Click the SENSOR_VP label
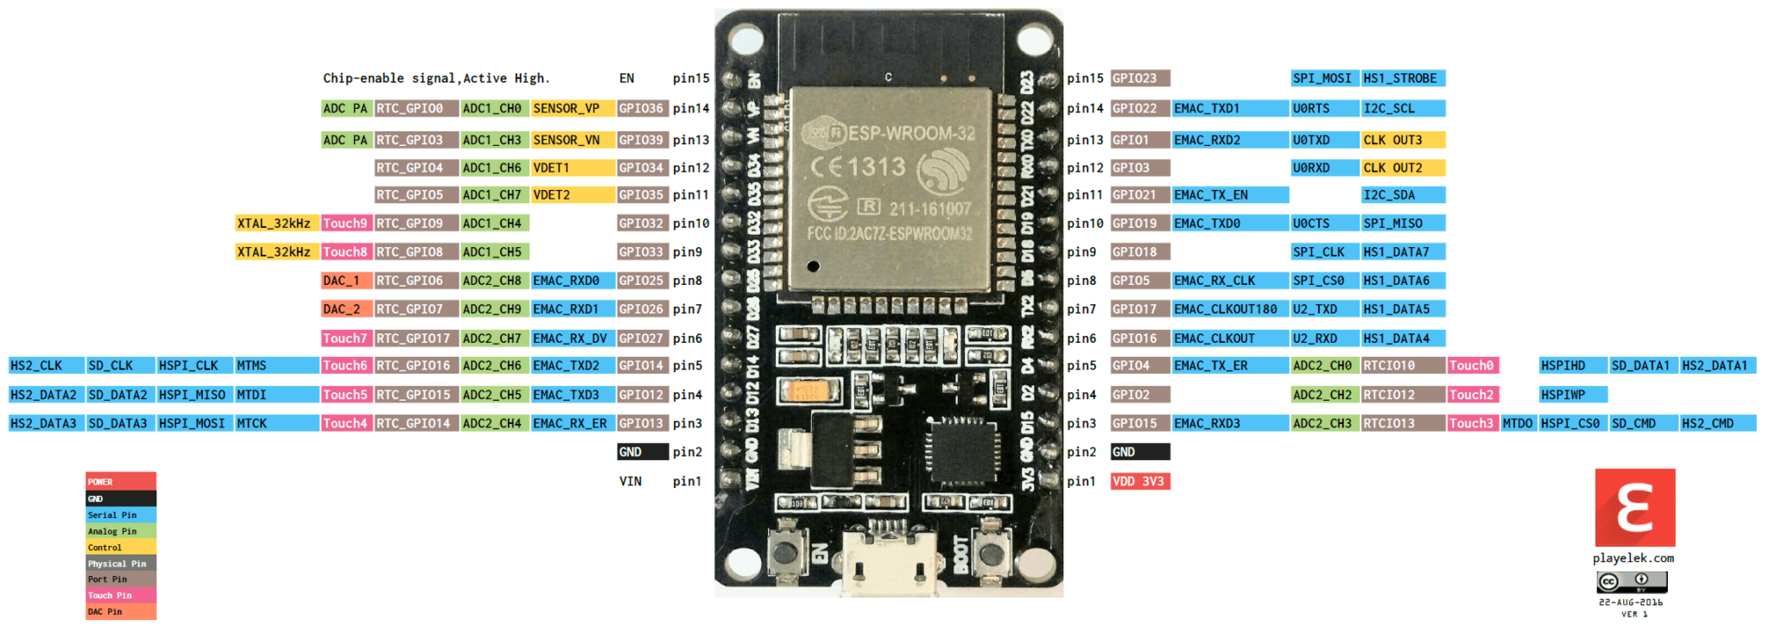567,109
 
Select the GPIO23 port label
1139,79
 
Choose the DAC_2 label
346,309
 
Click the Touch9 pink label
346,224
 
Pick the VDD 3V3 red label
1139,482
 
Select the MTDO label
1518,424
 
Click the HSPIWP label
1572,395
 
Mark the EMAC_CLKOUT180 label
1228,309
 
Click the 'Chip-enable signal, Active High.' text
436,79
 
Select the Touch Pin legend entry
120,596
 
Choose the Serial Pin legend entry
120,516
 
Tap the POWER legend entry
120,482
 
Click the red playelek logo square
1634,508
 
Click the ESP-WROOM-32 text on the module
911,134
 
